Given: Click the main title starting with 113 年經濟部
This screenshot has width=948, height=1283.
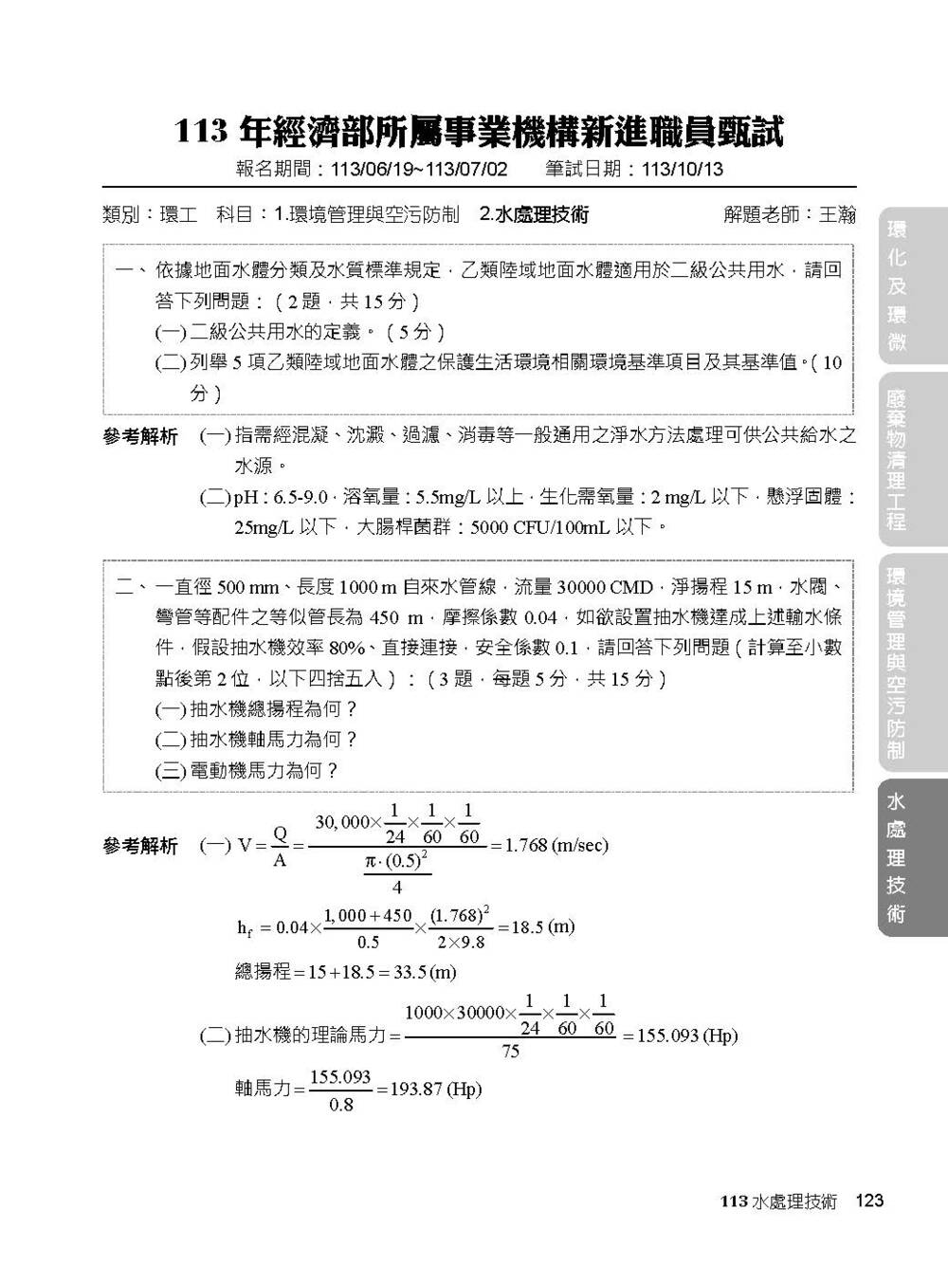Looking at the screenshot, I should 479,132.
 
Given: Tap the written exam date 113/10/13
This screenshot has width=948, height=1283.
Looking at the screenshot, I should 682,170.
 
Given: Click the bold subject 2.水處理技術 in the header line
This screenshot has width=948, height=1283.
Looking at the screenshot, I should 534,215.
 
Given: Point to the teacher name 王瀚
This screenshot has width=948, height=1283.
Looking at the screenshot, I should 837,215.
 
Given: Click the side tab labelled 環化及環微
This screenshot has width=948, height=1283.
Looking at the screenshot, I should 897,285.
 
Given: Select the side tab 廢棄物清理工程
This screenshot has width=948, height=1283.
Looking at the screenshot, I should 897,459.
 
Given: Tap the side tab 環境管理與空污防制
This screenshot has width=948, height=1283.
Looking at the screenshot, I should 897,663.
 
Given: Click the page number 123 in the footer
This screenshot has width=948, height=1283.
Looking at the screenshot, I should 868,1201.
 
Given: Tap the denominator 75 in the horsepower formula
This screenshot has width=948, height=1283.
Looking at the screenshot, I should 511,1051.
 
